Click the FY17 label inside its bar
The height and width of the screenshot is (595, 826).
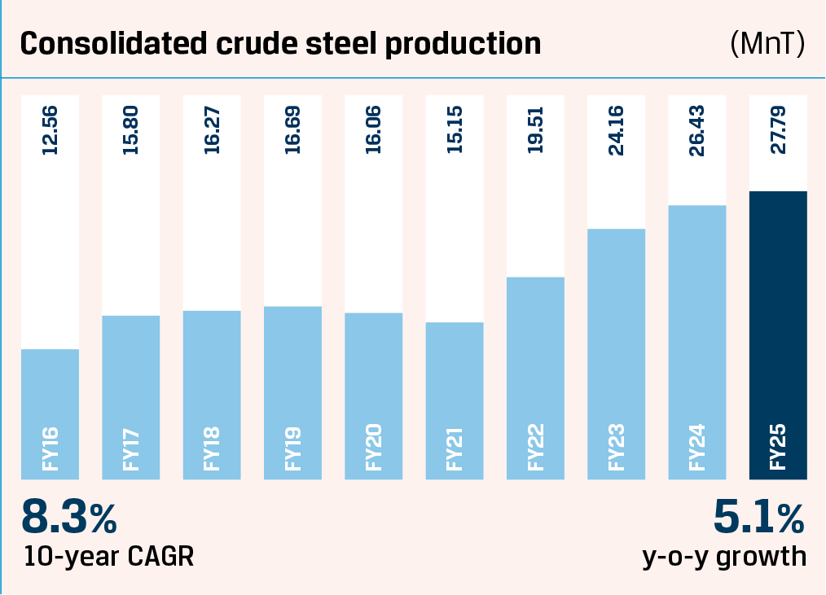130,445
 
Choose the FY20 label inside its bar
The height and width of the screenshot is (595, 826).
374,445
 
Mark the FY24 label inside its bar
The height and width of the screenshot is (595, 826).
696,445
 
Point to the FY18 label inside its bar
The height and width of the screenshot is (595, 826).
212,445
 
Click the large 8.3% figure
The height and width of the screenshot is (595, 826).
69,518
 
